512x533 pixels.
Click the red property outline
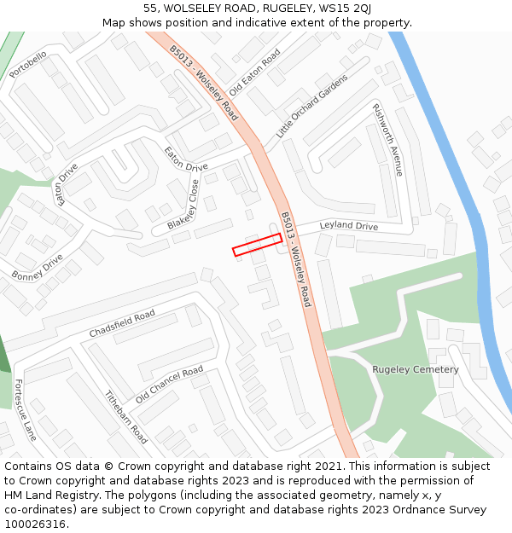(257, 245)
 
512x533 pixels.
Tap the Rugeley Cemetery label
(415, 369)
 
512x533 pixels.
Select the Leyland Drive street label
(348, 226)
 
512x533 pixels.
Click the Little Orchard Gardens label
(311, 107)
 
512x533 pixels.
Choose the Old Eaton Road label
(254, 67)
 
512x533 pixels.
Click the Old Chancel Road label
(169, 385)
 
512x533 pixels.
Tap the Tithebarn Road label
(126, 417)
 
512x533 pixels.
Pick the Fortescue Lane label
(26, 409)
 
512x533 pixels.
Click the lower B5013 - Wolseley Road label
(296, 259)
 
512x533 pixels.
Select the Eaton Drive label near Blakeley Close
(186, 159)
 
